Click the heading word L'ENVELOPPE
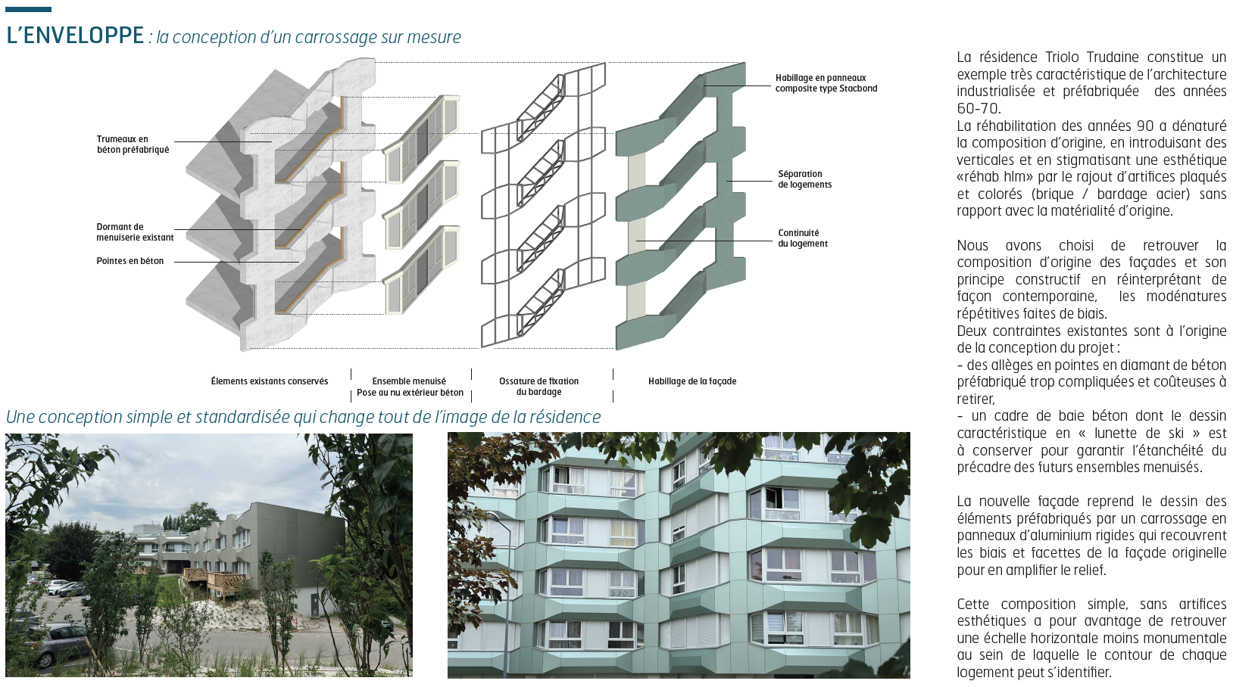[75, 36]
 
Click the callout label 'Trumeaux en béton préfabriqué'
[133, 144]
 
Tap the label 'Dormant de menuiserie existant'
[135, 232]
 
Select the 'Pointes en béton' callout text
[130, 261]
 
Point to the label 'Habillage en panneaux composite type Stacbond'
[826, 83]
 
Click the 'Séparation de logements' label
[804, 179]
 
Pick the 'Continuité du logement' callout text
[803, 238]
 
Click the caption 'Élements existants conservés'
[269, 381]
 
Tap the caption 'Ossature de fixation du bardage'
[539, 386]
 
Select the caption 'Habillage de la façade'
[692, 381]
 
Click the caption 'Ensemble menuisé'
[409, 381]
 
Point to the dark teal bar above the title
[28, 9]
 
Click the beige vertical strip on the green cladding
[637, 237]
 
